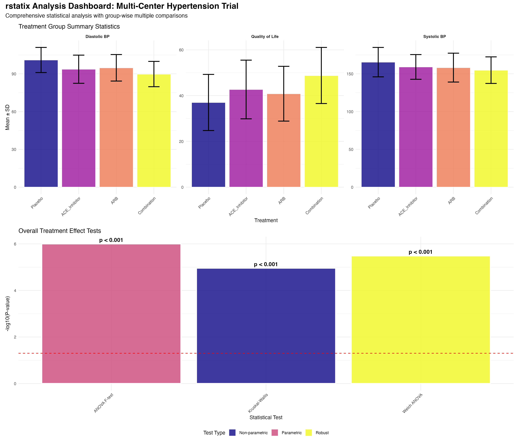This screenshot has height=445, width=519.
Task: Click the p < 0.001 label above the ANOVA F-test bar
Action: tap(111, 240)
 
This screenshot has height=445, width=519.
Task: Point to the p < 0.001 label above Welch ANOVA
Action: tap(421, 252)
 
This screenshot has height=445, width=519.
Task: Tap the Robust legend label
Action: tap(322, 433)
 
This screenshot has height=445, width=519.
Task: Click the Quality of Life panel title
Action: tap(265, 37)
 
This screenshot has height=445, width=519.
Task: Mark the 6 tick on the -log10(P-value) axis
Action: tap(15, 244)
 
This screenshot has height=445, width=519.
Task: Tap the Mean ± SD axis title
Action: tap(8, 117)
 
